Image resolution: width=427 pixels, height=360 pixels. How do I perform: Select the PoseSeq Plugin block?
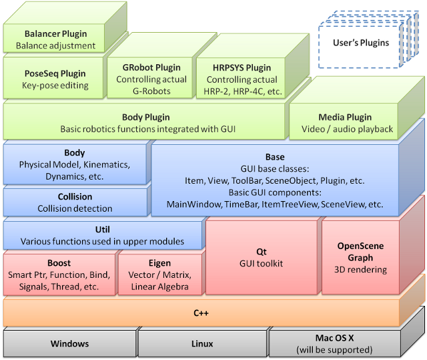55,79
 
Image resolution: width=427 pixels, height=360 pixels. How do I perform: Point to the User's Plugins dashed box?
360,43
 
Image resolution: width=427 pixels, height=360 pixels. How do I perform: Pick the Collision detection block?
75,202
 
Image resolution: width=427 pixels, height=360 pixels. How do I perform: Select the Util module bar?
103,235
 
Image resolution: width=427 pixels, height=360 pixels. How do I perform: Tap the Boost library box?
59,275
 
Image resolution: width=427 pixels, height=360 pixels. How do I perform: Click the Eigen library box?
160,275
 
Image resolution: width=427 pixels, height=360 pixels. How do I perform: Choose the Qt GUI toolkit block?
261,257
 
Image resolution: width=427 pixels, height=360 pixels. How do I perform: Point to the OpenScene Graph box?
360,257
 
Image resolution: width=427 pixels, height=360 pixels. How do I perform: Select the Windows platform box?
69,343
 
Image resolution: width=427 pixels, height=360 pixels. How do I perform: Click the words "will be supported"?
335,349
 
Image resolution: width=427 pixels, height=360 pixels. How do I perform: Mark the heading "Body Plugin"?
145,116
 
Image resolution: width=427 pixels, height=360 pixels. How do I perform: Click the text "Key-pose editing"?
55,85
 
